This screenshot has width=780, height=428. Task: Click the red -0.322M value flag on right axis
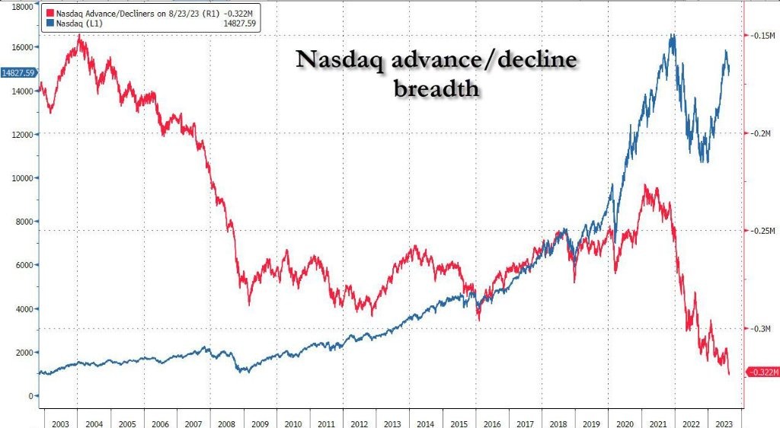762,372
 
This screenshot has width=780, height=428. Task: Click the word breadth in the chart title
436,89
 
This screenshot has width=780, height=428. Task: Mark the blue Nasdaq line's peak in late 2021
672,34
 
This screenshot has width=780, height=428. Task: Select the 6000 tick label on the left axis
23,266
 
